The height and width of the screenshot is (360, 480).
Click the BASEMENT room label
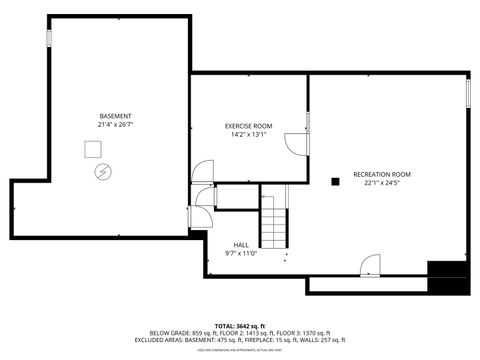click(114, 117)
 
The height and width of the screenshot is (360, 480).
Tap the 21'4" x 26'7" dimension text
click(114, 125)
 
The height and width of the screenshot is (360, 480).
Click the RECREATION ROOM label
click(388, 174)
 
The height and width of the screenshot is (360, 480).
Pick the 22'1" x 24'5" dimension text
click(388, 182)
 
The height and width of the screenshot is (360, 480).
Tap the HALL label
click(241, 244)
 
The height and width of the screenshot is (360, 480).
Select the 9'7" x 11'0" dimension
click(241, 252)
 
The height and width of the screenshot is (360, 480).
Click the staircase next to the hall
click(274, 222)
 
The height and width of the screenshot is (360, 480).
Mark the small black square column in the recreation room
click(335, 181)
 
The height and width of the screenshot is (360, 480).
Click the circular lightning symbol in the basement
click(101, 171)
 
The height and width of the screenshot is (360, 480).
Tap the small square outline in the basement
click(94, 149)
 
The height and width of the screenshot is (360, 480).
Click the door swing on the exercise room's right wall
click(297, 143)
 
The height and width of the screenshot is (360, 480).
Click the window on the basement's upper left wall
click(47, 37)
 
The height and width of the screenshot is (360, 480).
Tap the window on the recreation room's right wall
click(467, 96)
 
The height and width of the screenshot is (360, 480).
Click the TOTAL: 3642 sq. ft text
click(239, 326)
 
